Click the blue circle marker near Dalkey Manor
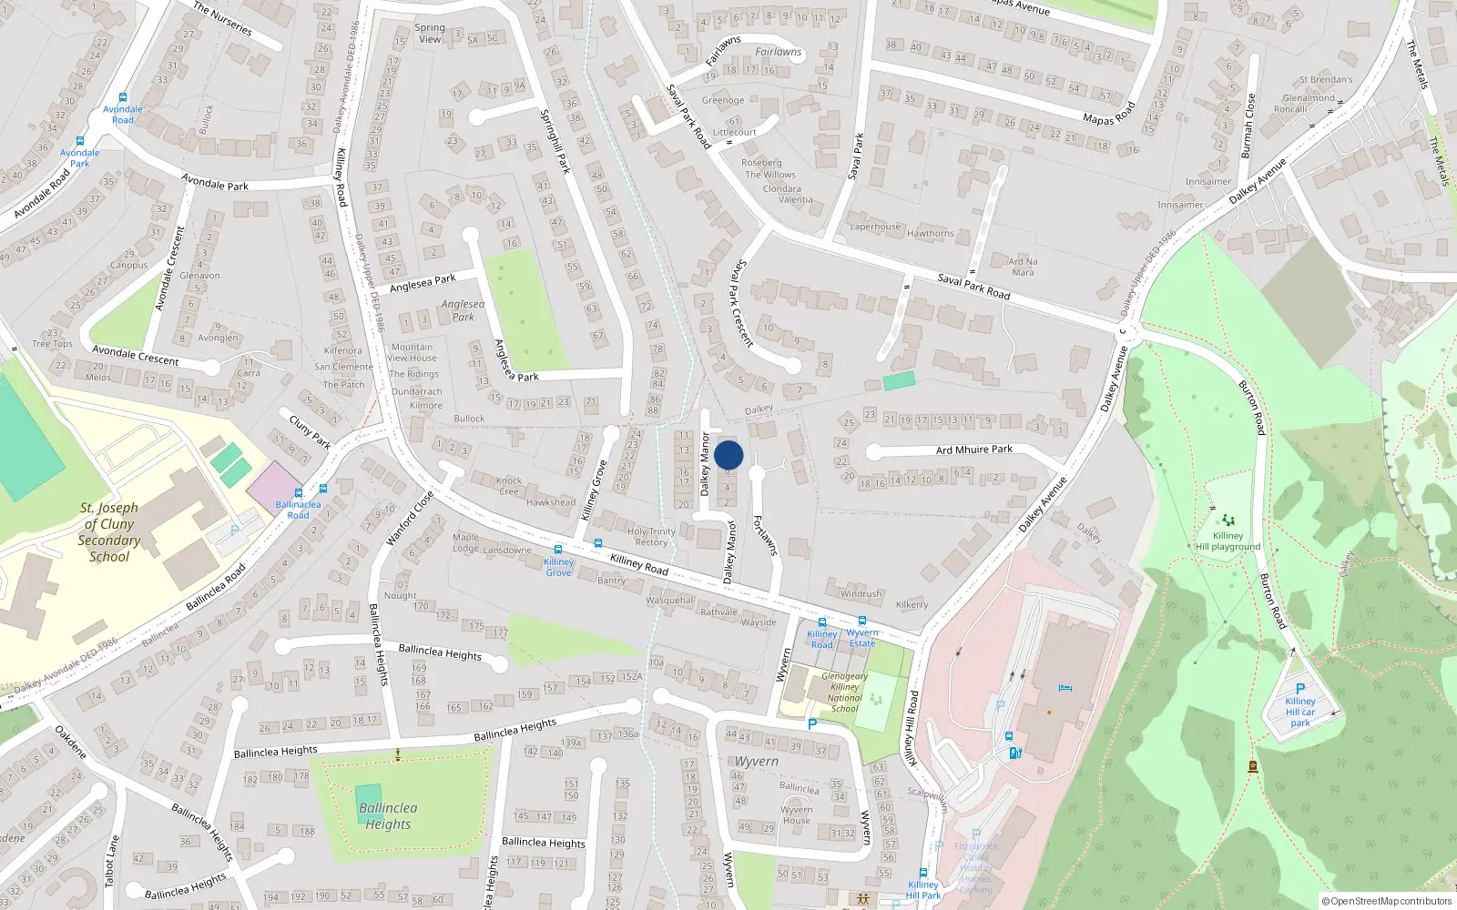pyautogui.click(x=728, y=455)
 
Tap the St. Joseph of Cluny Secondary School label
pyautogui.click(x=109, y=532)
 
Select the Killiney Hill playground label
pyautogui.click(x=1228, y=541)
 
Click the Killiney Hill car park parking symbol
pyautogui.click(x=1300, y=689)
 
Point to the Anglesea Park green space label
pyautogui.click(x=463, y=310)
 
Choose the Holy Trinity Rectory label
pyautogui.click(x=651, y=537)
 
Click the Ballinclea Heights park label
pyautogui.click(x=388, y=815)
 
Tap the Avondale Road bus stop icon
pyautogui.click(x=122, y=97)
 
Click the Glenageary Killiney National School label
pyautogui.click(x=844, y=693)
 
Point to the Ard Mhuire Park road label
pyautogui.click(x=974, y=450)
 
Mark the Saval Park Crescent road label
pyautogui.click(x=743, y=303)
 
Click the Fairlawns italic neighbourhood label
pyautogui.click(x=779, y=52)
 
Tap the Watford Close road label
pyautogui.click(x=409, y=519)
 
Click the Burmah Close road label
pyautogui.click(x=1248, y=126)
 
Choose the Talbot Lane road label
pyautogui.click(x=111, y=860)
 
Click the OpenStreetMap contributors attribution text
pyautogui.click(x=1386, y=901)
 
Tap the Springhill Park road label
pyautogui.click(x=555, y=142)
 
